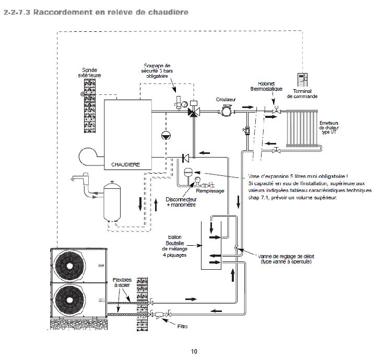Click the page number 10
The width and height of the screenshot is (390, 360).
coord(194,351)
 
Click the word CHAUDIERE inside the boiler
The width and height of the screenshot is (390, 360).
coord(126,164)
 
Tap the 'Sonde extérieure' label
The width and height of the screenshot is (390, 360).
coord(90,73)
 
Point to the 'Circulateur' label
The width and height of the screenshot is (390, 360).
coord(227,99)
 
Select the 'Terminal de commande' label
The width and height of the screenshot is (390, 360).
coord(313,94)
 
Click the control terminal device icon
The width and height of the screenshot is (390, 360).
coord(302,80)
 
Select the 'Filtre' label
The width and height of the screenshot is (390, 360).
coord(182,327)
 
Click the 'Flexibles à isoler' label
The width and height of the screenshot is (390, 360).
coord(122,283)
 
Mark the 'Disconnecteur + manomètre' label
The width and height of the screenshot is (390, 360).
coord(181,202)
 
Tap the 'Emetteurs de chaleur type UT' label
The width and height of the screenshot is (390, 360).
coord(329,127)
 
